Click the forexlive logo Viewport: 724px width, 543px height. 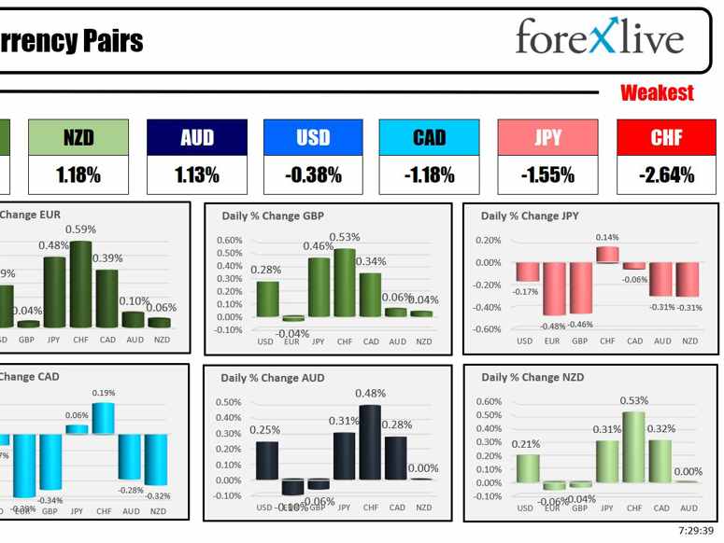[x=599, y=38]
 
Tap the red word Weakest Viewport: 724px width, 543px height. [x=657, y=93]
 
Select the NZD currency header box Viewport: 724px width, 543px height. [x=78, y=137]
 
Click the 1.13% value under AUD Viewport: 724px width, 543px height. [x=196, y=174]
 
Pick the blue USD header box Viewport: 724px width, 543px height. [x=313, y=137]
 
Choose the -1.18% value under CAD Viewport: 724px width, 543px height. [x=429, y=174]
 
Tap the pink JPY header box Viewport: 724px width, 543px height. [x=547, y=137]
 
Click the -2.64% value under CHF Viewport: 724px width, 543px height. [x=666, y=174]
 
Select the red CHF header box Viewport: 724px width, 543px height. [x=666, y=137]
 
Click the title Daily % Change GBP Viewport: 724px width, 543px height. [x=272, y=216]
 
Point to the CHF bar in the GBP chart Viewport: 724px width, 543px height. [x=345, y=283]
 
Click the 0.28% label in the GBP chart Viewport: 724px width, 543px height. [x=266, y=270]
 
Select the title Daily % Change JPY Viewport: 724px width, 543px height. [x=530, y=216]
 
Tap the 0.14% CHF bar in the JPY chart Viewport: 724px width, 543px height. [x=607, y=254]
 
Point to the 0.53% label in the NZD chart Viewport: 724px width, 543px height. [x=633, y=400]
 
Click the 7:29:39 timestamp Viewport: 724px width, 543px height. [x=696, y=532]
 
